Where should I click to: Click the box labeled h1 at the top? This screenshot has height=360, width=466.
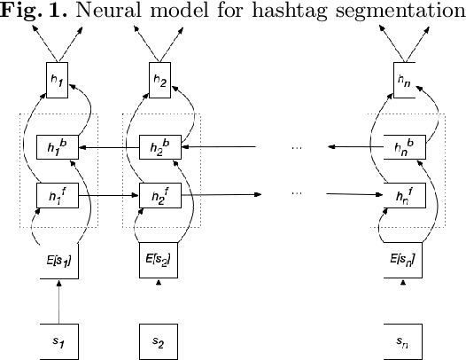[58, 81]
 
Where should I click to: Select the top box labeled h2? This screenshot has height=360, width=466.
[160, 81]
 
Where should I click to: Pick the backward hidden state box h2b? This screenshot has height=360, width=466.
[160, 146]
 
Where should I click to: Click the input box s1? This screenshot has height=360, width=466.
[58, 340]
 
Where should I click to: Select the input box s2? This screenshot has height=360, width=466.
[159, 340]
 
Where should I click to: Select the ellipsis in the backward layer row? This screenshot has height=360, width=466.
[297, 147]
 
